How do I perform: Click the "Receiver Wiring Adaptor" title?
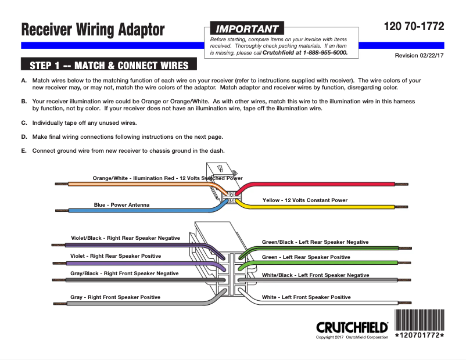coord(93,30)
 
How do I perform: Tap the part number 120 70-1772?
coord(414,26)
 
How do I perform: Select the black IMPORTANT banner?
coord(246,28)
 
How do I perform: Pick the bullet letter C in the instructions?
coord(24,123)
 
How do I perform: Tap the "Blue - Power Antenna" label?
coord(121,204)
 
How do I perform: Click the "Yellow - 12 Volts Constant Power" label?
coord(304,200)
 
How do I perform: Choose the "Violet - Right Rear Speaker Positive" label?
coord(116,255)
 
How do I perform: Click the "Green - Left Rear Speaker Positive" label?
coord(306,257)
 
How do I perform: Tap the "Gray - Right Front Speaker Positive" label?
coord(115,297)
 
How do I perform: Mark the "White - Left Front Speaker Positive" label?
coord(306,297)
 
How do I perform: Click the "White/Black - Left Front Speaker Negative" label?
coord(315,275)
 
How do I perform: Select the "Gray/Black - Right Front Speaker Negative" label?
coord(124,273)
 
